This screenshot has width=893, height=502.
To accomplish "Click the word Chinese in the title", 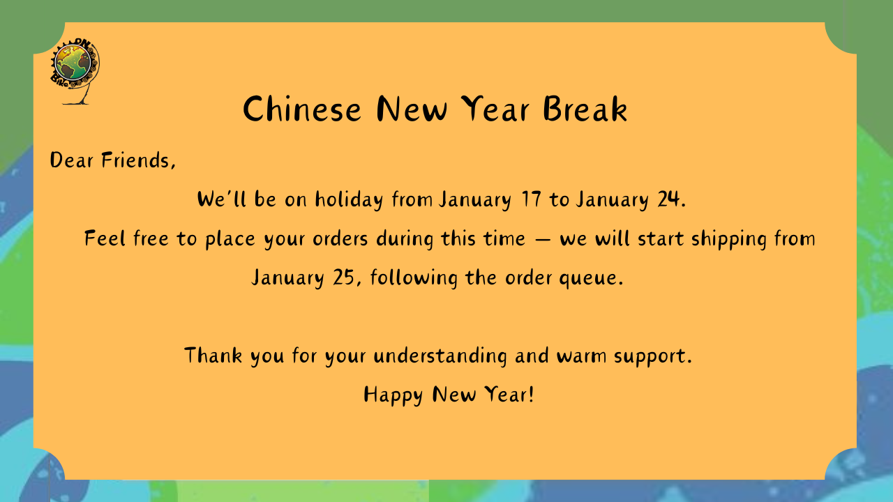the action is [x=302, y=109].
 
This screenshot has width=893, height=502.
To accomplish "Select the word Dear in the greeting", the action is [x=72, y=160].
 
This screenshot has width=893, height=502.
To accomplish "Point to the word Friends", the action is [x=138, y=161].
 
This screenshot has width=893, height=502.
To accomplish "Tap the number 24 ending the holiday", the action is [x=668, y=199].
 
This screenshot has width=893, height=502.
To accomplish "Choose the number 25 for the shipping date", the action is [x=344, y=277].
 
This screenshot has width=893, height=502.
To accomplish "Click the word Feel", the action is [x=105, y=238].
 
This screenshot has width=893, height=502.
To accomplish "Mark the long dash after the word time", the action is [x=542, y=240].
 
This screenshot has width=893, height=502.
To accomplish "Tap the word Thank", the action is [x=213, y=356].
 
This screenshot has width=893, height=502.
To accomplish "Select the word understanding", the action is [x=440, y=356].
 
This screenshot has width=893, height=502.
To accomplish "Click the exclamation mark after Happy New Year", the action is [x=531, y=394].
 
